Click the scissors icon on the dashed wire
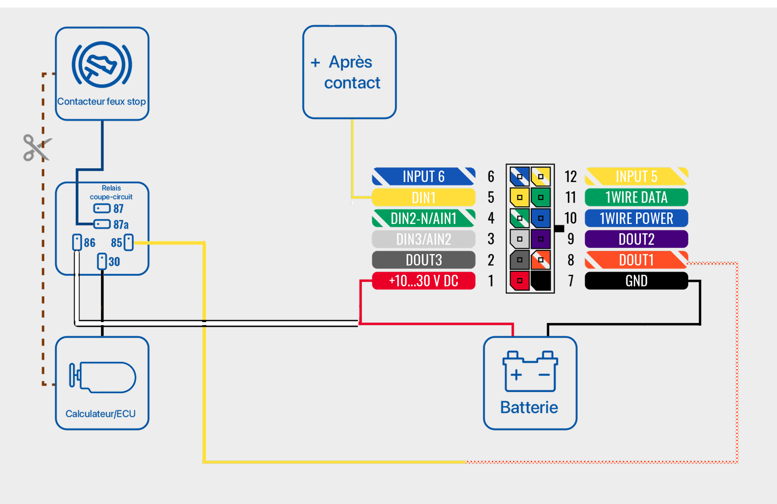pos(36,148)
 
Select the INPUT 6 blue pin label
pos(423,177)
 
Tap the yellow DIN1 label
pos(423,197)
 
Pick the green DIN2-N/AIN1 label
pos(423,218)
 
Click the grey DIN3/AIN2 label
pos(423,239)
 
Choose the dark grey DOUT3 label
pos(423,260)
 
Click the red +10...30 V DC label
pos(423,281)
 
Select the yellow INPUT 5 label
pos(636,177)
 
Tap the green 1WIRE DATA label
pos(636,197)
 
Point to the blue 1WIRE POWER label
pos(636,218)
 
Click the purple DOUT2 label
pos(636,239)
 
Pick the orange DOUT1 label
pos(636,260)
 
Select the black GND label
pos(636,281)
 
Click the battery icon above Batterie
pos(530,371)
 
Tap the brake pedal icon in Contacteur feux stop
pos(102,64)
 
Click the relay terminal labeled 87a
pos(102,224)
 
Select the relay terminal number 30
pos(102,261)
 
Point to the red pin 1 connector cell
pos(520,281)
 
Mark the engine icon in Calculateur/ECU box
pos(102,377)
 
